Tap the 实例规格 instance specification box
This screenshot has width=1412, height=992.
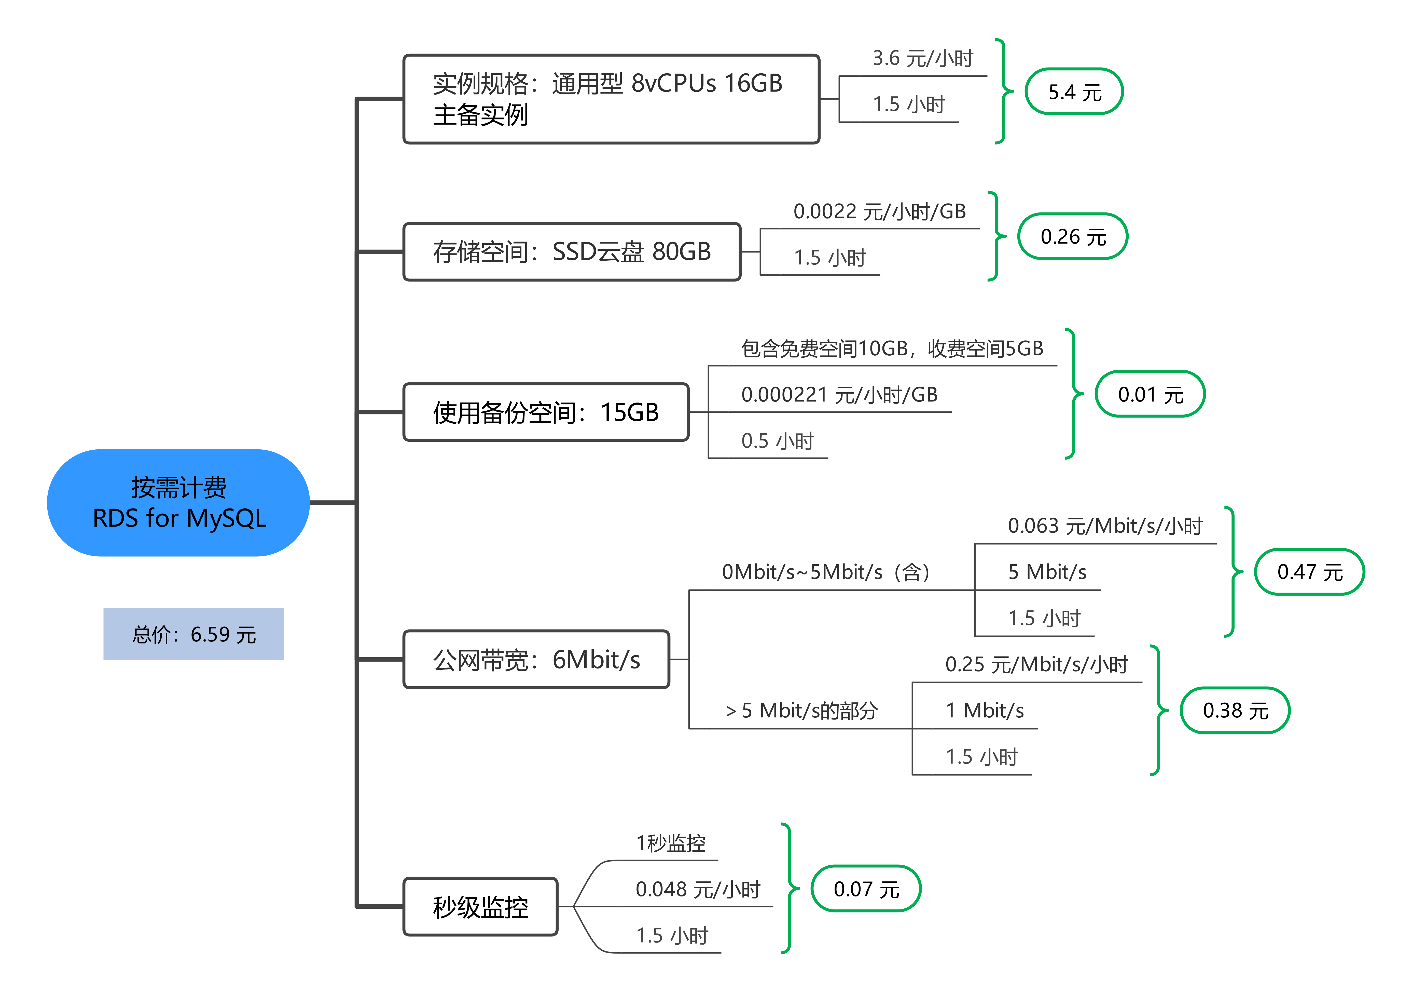611,99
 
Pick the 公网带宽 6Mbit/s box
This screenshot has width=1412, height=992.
536,659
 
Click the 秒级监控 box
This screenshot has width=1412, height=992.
480,906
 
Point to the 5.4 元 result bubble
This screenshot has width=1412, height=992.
1074,92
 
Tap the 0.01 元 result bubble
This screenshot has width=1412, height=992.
1150,394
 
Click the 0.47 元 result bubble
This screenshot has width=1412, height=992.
1309,572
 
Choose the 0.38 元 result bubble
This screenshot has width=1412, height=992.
1235,710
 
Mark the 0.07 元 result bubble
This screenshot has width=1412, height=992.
866,889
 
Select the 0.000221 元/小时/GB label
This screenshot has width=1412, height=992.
839,394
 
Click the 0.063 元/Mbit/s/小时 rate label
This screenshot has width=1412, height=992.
1104,526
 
